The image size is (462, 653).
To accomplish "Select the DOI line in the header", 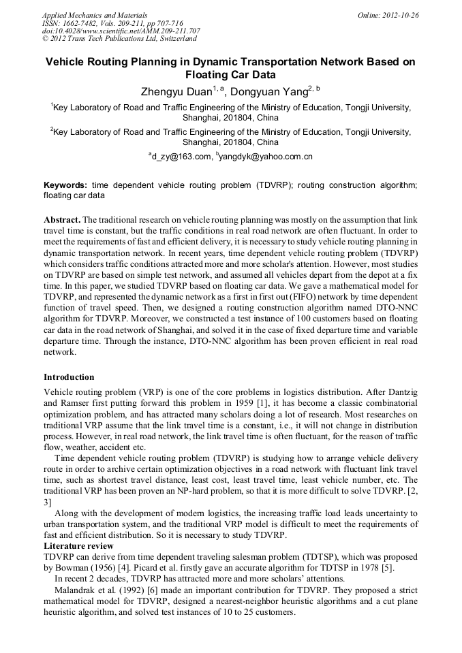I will click(121, 31).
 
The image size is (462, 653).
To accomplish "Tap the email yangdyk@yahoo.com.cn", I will click(266, 157).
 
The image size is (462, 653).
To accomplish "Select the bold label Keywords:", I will click(65, 185).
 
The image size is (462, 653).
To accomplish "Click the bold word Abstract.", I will click(62, 220).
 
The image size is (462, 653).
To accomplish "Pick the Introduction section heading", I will click(69, 377).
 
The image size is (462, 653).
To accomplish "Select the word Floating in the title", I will click(209, 75).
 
